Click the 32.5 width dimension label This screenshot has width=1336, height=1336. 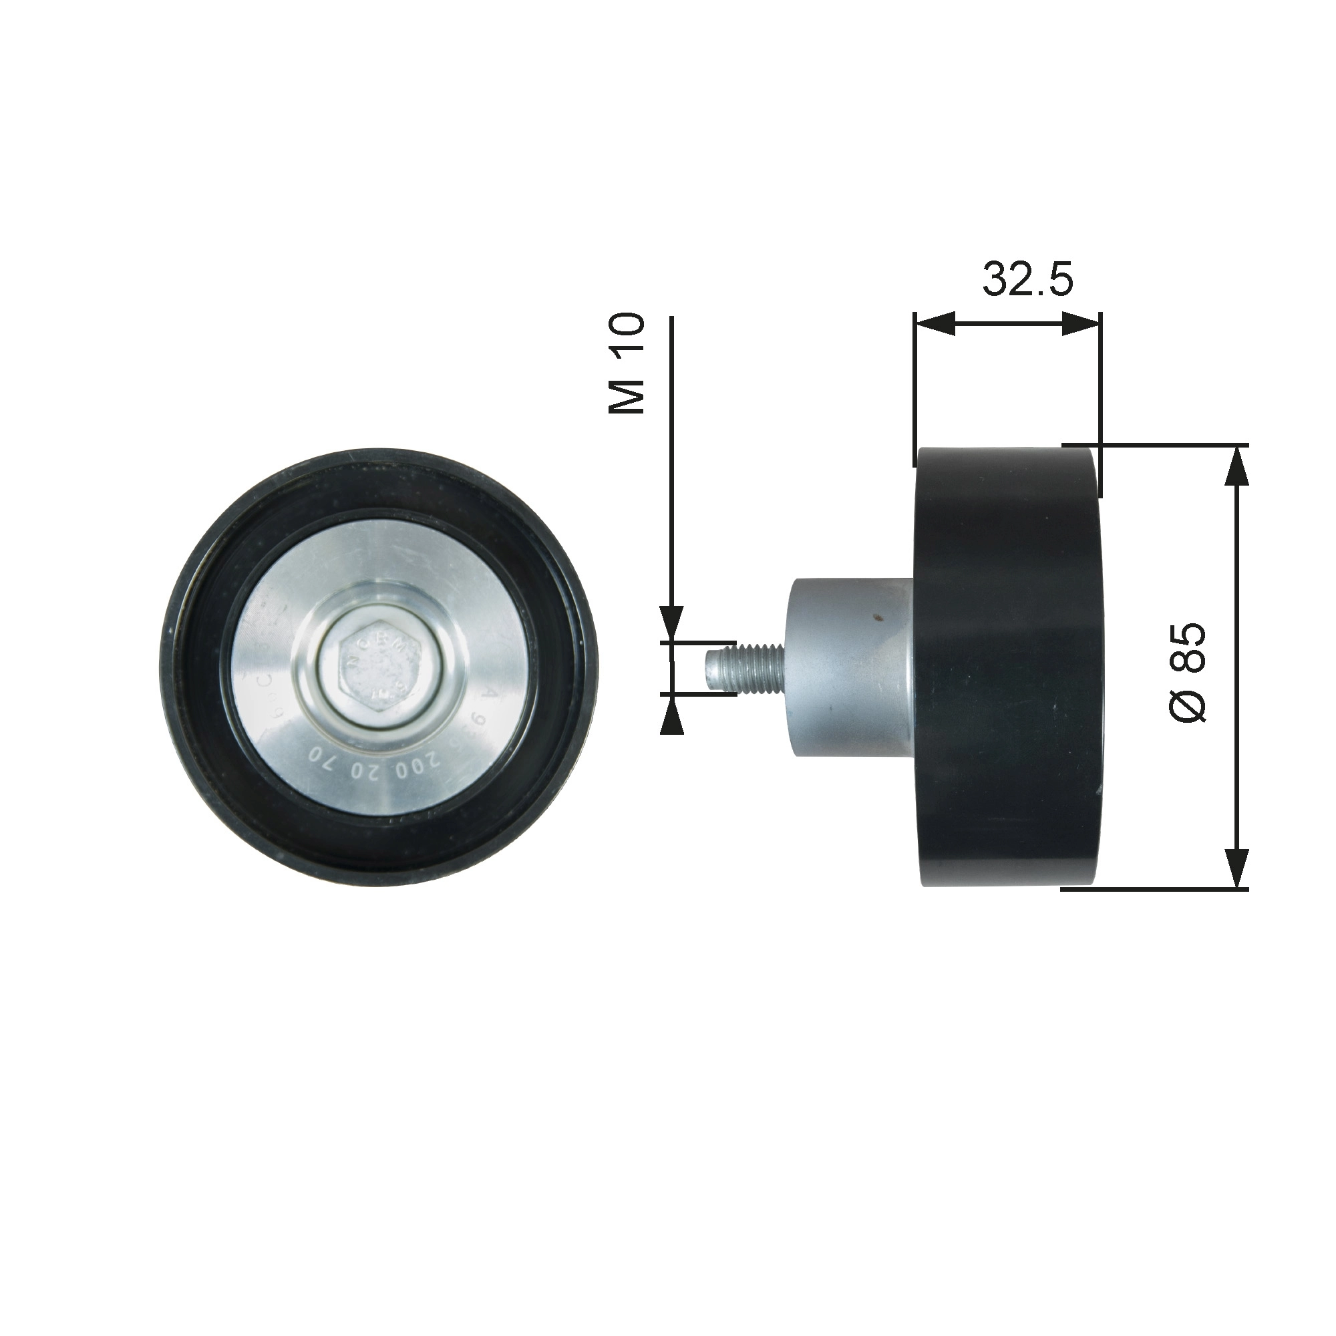point(1027,280)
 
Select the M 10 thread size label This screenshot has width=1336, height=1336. point(627,364)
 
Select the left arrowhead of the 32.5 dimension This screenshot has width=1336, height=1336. point(935,323)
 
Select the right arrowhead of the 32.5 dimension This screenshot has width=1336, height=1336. point(1080,323)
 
